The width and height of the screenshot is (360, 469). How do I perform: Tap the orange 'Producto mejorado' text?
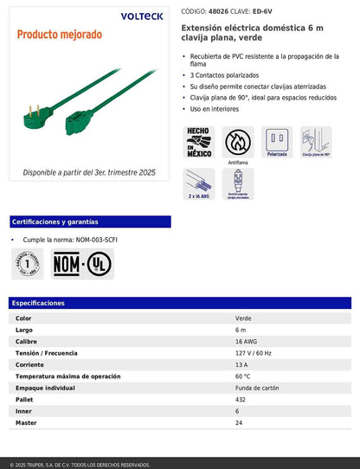click(x=59, y=35)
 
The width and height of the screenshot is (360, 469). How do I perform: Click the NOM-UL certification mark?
click(x=82, y=263)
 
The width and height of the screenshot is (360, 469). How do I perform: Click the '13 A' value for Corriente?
click(x=241, y=365)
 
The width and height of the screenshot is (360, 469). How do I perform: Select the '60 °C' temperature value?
click(x=242, y=376)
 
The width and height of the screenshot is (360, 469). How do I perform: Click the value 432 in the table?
click(x=241, y=400)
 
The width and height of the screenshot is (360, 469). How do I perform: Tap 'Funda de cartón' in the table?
click(x=258, y=389)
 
